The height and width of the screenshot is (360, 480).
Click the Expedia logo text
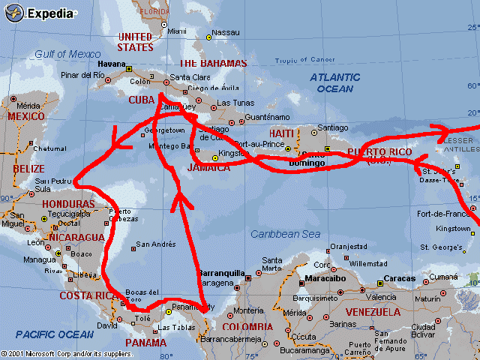[50, 13]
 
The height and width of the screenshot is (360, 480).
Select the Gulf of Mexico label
[67, 54]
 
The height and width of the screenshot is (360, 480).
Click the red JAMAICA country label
[209, 167]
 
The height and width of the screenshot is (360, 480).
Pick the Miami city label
[177, 31]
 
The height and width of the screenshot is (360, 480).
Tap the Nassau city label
[226, 32]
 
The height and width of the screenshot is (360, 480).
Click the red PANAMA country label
[145, 343]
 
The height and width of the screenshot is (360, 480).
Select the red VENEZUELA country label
[372, 311]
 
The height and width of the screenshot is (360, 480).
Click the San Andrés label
[154, 244]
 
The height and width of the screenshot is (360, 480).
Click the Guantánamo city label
[266, 117]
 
